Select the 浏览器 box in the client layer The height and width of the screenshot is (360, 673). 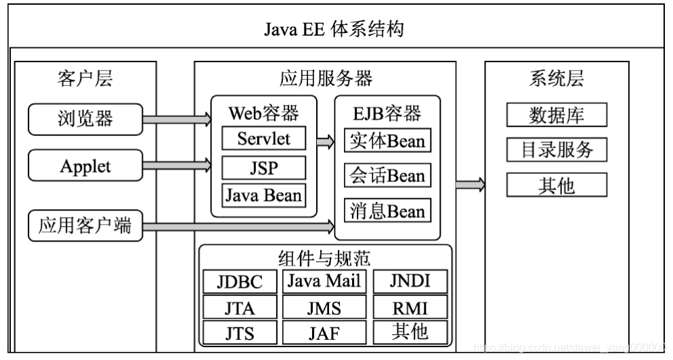tap(85, 119)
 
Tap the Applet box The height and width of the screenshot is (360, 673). tap(85, 166)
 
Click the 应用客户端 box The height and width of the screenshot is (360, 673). tap(85, 226)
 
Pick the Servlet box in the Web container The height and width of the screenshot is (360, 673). tap(264, 139)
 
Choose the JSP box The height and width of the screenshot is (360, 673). tap(264, 167)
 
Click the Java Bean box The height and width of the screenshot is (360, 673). tap(264, 196)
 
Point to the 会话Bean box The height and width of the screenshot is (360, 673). tap(387, 176)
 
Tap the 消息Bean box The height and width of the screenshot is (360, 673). tap(387, 211)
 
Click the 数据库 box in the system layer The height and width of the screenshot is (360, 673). tap(557, 115)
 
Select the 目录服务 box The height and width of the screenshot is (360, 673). tap(557, 150)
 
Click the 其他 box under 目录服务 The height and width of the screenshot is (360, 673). tap(557, 184)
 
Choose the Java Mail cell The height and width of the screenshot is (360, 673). tap(324, 281)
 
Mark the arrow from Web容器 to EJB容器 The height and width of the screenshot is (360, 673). tap(326, 141)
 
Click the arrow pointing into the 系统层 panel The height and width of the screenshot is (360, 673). tap(470, 184)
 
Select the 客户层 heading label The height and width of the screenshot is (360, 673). tap(85, 78)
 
